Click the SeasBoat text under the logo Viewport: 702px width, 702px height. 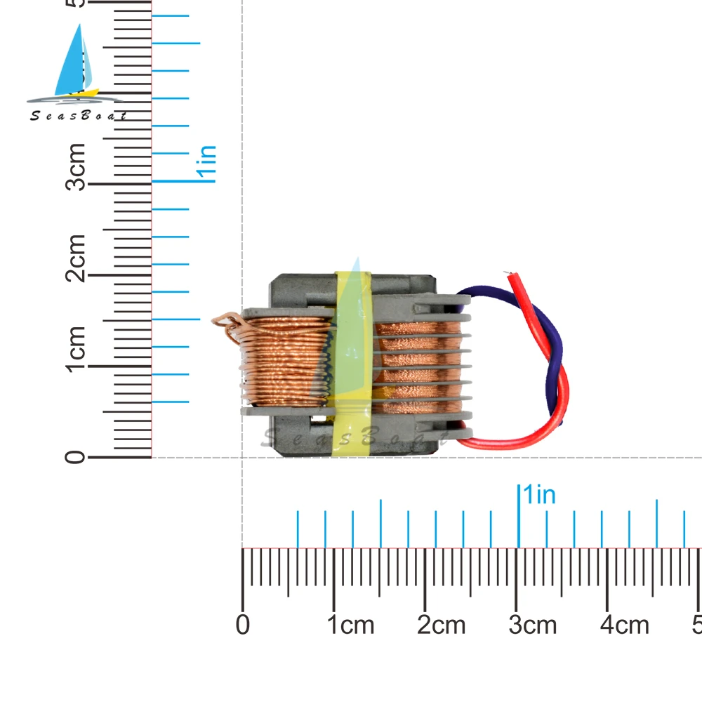point(77,116)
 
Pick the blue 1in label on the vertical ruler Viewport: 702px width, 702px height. point(207,164)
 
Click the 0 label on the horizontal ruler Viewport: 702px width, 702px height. point(243,624)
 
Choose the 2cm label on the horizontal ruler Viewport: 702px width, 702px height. point(442,624)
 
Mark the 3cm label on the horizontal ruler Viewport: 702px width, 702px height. point(533,624)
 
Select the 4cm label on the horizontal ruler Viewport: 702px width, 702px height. point(625,624)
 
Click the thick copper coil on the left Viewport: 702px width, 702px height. point(284,362)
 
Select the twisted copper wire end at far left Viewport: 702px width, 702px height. point(227,324)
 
